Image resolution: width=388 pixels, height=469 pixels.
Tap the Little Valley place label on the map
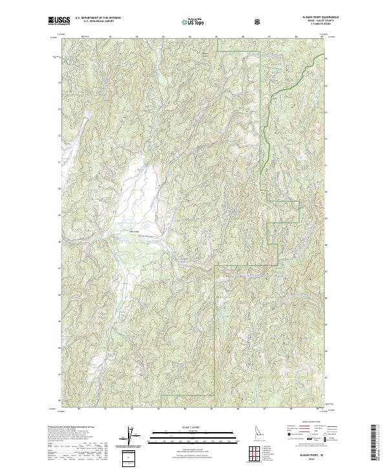135,230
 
